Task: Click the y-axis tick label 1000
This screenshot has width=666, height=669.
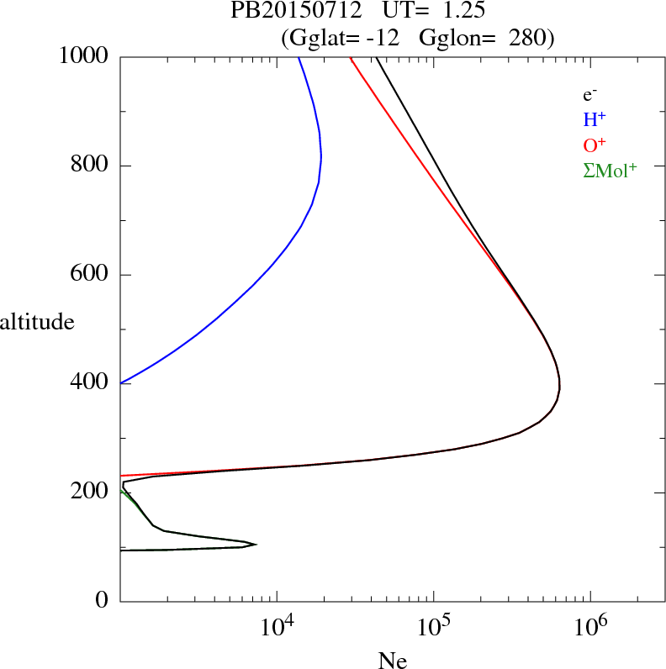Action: click(85, 57)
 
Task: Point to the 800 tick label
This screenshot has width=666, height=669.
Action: click(91, 166)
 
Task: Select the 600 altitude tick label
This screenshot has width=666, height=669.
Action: click(91, 275)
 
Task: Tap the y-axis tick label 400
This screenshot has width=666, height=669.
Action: click(91, 383)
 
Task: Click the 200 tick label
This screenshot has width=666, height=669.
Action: click(91, 492)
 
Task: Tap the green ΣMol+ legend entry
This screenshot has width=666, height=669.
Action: click(610, 170)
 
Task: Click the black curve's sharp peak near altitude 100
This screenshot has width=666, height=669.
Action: click(256, 544)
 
